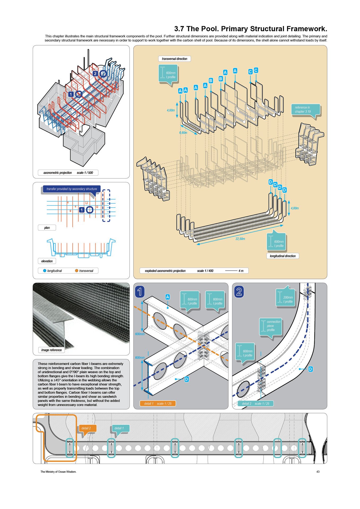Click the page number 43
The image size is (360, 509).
coord(318,472)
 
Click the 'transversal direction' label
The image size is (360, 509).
coord(174,59)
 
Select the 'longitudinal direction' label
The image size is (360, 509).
coord(283,256)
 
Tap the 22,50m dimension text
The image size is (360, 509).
coord(240,239)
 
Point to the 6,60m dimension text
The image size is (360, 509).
coord(183,133)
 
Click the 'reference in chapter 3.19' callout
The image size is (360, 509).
coord(305,109)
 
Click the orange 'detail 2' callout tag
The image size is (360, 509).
coord(86,428)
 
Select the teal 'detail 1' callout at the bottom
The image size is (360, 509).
coord(119,428)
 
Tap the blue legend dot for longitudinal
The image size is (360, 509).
coord(45,271)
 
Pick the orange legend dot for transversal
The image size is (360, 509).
coord(77,271)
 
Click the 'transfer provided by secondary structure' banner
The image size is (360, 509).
coord(72,189)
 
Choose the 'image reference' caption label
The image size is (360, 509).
coord(51,350)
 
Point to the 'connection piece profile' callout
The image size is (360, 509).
coord(271,326)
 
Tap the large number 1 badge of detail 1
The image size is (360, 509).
coord(140,292)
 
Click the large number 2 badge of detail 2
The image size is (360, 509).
coord(239,292)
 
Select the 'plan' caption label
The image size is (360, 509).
coord(47,228)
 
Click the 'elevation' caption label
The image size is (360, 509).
coord(47,261)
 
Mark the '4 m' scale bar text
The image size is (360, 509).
coord(241,271)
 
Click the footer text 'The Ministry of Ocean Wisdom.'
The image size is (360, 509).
coord(58,472)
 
